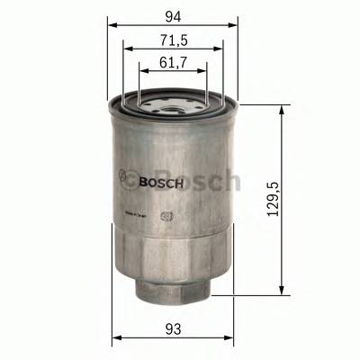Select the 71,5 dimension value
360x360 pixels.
[x=175, y=40]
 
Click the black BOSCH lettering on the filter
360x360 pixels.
[x=163, y=181]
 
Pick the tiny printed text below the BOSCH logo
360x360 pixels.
[x=135, y=214]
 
